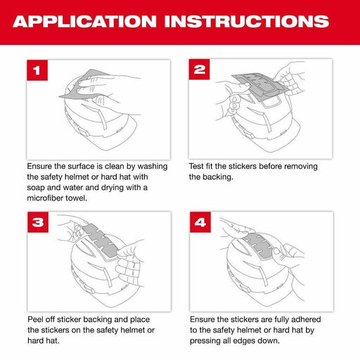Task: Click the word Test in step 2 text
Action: tap(198, 166)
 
